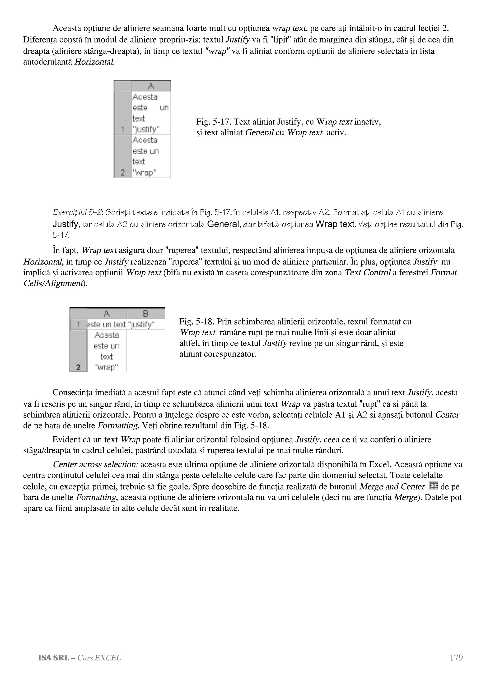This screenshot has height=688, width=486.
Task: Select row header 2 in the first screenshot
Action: pos(122,173)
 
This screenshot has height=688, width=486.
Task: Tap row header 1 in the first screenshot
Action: pos(122,129)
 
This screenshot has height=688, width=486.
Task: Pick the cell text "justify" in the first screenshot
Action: pos(146,129)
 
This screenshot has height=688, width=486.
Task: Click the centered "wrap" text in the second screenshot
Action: pos(106,367)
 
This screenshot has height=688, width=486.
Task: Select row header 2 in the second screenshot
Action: pos(78,367)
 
